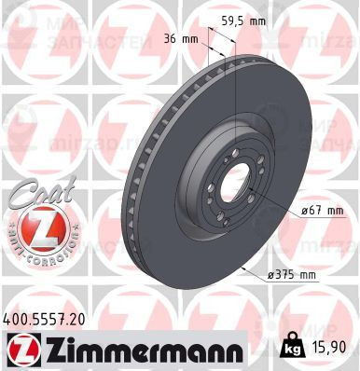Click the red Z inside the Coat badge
tap(36, 227)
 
